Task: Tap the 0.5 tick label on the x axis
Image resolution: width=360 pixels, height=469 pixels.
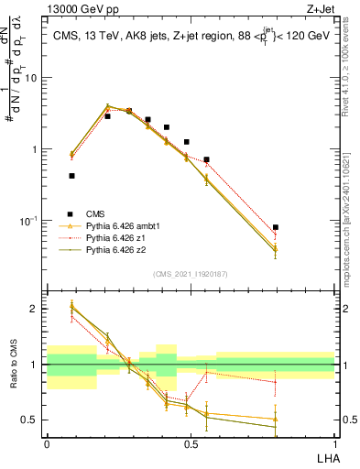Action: (190, 443)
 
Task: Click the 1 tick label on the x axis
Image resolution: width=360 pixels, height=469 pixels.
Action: (334, 443)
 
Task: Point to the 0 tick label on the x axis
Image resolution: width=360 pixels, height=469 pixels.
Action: (47, 443)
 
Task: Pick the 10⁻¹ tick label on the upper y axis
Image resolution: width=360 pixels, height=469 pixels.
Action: (28, 221)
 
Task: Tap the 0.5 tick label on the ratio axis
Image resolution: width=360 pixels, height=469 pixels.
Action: (30, 420)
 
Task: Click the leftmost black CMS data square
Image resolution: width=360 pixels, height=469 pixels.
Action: (71, 175)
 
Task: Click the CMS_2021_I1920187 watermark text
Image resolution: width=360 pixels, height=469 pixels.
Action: (191, 274)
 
